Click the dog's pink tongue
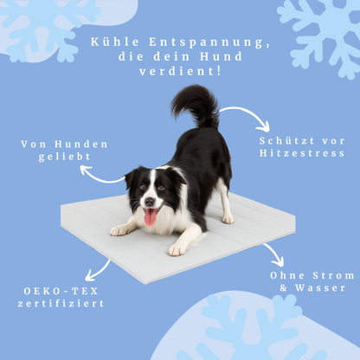[x=151, y=217]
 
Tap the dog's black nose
[x=150, y=202]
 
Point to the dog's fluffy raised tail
[x=196, y=106]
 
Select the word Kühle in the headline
[x=115, y=42]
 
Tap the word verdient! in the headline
[x=180, y=71]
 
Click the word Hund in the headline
[x=222, y=56]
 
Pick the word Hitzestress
[x=302, y=153]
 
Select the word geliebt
[x=65, y=157]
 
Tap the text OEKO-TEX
[x=61, y=291]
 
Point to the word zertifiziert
[x=61, y=304]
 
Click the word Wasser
[x=320, y=287]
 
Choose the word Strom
[x=334, y=275]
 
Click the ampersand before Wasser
[x=284, y=288]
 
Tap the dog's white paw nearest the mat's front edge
[x=177, y=249]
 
